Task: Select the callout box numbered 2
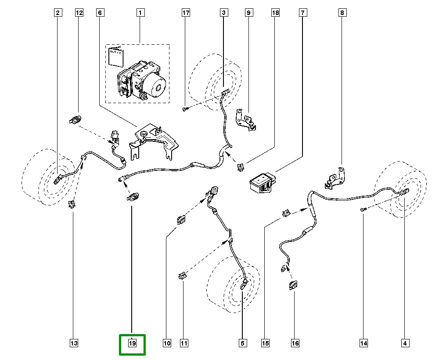pyautogui.click(x=57, y=13)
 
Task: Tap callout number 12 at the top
pyautogui.click(x=79, y=13)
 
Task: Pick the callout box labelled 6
pyautogui.click(x=100, y=13)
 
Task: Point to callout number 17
pyautogui.click(x=186, y=13)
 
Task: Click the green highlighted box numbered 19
pyautogui.click(x=132, y=343)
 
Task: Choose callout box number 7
pyautogui.click(x=303, y=13)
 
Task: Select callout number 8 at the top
pyautogui.click(x=342, y=13)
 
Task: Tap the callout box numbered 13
pyautogui.click(x=73, y=343)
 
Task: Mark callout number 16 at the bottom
pyautogui.click(x=295, y=343)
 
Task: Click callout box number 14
pyautogui.click(x=363, y=343)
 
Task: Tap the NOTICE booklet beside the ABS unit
pyautogui.click(x=115, y=56)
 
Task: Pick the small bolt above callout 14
pyautogui.click(x=363, y=210)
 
